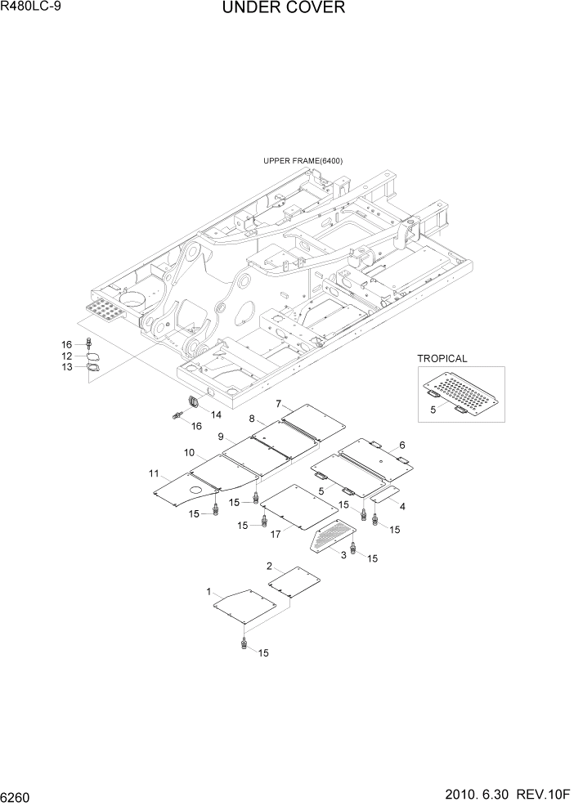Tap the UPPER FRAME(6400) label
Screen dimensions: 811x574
click(x=303, y=161)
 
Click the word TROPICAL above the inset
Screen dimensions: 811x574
click(x=442, y=358)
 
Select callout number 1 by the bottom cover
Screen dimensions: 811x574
click(x=209, y=591)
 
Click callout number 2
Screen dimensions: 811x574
click(x=269, y=566)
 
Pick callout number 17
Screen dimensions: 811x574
click(x=276, y=534)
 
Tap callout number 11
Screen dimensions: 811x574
click(x=154, y=473)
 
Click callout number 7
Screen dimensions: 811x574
click(x=278, y=404)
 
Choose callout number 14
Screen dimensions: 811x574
click(x=216, y=414)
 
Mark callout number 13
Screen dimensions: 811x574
click(x=68, y=367)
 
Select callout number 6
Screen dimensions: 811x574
click(x=401, y=445)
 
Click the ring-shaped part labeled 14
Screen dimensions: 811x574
click(x=195, y=401)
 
